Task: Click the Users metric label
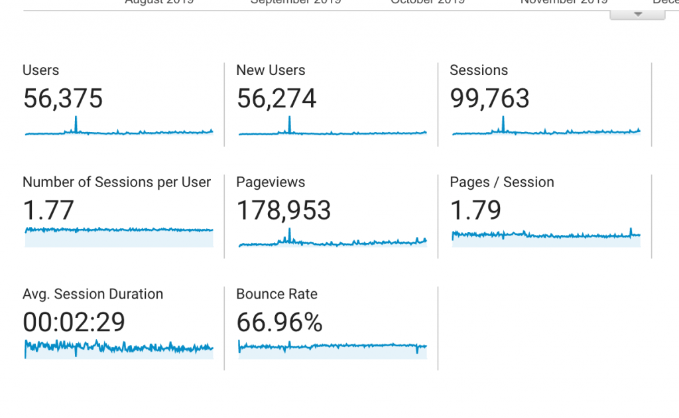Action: [x=40, y=70]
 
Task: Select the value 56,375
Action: [x=63, y=99]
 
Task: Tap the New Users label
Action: [x=271, y=70]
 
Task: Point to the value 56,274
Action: [x=277, y=99]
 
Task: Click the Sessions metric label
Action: [x=479, y=70]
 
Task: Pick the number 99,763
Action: [x=490, y=99]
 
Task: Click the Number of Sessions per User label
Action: [x=117, y=182]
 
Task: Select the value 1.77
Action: [x=48, y=211]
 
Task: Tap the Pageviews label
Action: [x=271, y=182]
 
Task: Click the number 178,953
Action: [x=284, y=211]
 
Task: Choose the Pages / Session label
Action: [x=502, y=182]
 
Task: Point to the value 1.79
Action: [x=475, y=211]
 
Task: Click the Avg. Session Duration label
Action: [x=93, y=295]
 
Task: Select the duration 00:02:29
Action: [x=74, y=322]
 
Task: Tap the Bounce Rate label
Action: [x=277, y=295]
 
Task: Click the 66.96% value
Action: [x=280, y=322]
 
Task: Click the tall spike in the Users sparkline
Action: [x=76, y=123]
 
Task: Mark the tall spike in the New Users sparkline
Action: [x=290, y=123]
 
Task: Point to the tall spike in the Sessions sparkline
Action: [x=503, y=123]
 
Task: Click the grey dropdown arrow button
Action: [x=637, y=14]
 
